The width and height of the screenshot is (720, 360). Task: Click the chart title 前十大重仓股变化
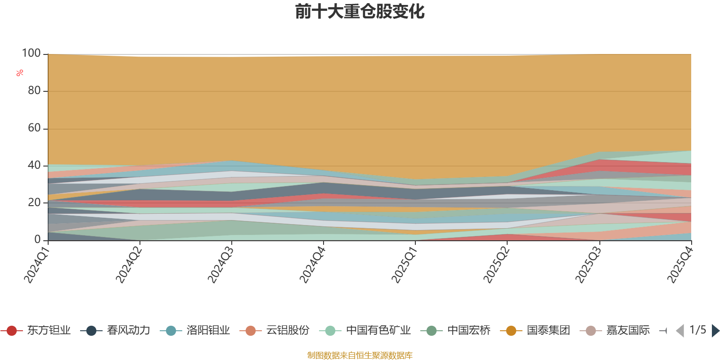(x=360, y=12)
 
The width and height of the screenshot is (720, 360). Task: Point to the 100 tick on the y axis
(x=31, y=53)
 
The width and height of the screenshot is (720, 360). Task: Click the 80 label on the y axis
(x=34, y=90)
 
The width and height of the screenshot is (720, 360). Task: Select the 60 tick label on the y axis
(x=34, y=128)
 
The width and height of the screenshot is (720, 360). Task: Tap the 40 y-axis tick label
(x=34, y=165)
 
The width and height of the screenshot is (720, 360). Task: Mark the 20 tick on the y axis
(x=34, y=202)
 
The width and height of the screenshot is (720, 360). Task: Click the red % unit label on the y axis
(x=20, y=73)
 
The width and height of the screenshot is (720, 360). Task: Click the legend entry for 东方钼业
(x=36, y=330)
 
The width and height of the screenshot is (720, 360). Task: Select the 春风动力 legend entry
(x=115, y=330)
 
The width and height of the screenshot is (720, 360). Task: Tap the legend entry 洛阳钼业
(x=195, y=330)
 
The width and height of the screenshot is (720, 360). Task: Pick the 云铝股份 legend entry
(x=275, y=330)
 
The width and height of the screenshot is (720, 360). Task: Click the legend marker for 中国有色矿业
(x=330, y=331)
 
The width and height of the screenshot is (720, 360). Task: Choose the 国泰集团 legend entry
(x=535, y=330)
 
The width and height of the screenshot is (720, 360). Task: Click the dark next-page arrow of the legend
(x=715, y=330)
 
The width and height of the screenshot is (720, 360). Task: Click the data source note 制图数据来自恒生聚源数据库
(x=360, y=355)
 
